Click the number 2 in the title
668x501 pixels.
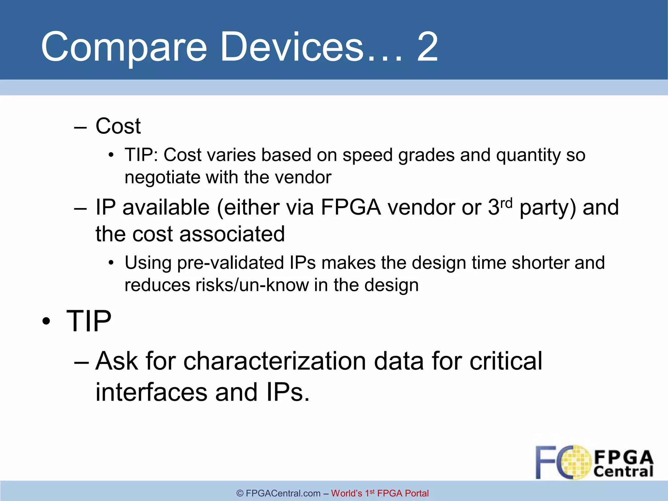click(x=427, y=47)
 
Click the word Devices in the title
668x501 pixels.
click(x=292, y=47)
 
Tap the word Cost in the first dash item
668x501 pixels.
click(x=118, y=126)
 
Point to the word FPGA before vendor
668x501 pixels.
click(x=351, y=207)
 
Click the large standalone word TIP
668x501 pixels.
click(x=89, y=321)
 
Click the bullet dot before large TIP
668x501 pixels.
click(x=46, y=321)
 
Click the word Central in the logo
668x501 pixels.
click(x=623, y=471)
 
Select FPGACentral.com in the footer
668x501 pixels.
click(x=283, y=493)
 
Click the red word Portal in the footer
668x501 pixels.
click(x=417, y=493)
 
